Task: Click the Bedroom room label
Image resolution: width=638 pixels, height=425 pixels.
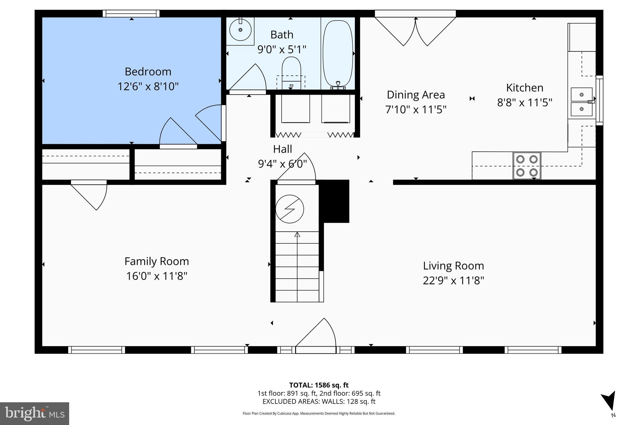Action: [148, 72]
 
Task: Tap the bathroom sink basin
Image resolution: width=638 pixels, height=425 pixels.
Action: [240, 30]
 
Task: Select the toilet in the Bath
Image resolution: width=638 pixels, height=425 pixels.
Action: [291, 70]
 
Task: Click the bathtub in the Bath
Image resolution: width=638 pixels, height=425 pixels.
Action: [338, 53]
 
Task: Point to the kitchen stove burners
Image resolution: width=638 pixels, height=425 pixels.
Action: [527, 166]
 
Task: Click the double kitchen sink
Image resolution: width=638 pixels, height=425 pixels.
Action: [581, 102]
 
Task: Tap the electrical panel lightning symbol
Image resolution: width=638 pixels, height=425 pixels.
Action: [289, 209]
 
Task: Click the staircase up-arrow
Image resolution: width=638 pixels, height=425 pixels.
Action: [297, 234]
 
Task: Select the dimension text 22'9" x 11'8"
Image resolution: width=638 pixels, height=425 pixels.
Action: [453, 281]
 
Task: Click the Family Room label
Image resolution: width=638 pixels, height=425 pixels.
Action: [157, 261]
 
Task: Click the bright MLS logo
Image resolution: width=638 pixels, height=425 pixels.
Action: [35, 413]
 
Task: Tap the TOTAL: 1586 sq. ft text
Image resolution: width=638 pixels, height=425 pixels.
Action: [319, 385]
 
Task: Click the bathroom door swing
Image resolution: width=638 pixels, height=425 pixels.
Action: [249, 78]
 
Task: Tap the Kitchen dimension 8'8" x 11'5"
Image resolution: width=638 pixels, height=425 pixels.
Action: [525, 102]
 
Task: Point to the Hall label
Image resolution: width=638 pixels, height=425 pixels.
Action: [283, 149]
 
